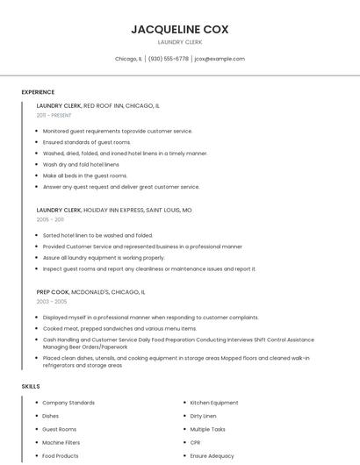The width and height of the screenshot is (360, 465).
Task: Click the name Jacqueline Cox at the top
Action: pyautogui.click(x=180, y=29)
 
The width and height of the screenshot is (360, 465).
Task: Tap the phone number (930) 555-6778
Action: pyautogui.click(x=169, y=59)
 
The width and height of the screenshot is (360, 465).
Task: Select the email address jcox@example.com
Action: pyautogui.click(x=220, y=59)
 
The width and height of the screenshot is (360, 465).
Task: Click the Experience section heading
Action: pyautogui.click(x=38, y=92)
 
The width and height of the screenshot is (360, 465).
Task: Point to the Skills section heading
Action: pyautogui.click(x=31, y=386)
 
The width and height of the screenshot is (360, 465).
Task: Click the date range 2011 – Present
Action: pyautogui.click(x=54, y=115)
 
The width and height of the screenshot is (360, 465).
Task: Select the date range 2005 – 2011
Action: pyautogui.click(x=50, y=219)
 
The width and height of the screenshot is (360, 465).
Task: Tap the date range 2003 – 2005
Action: pyautogui.click(x=52, y=301)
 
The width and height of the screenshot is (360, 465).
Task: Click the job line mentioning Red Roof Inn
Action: pyautogui.click(x=98, y=105)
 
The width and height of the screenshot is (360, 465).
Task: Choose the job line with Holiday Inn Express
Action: pyautogui.click(x=114, y=211)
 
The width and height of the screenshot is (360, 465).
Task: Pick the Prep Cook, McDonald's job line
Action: pyautogui.click(x=91, y=291)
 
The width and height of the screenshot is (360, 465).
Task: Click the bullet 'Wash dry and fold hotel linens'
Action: pyautogui.click(x=81, y=164)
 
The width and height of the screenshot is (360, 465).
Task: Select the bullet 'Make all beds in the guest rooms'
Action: pyautogui.click(x=85, y=175)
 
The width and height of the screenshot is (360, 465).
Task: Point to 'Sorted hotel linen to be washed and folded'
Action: pyautogui.click(x=97, y=235)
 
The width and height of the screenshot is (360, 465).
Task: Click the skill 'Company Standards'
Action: pyautogui.click(x=68, y=403)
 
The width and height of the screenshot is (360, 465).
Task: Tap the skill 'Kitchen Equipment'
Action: pyautogui.click(x=214, y=403)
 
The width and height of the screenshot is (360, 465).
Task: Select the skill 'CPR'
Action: pyautogui.click(x=195, y=443)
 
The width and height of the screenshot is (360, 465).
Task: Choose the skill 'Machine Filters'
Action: pyautogui.click(x=61, y=443)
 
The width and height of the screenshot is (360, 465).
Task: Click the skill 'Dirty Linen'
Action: pyautogui.click(x=203, y=416)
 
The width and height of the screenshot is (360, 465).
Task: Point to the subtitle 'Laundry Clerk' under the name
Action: pyautogui.click(x=180, y=42)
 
